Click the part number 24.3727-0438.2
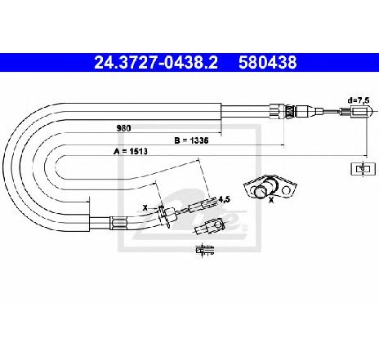[x=156, y=62]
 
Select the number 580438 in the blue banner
[x=268, y=62]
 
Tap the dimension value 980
[x=123, y=128]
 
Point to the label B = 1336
[x=191, y=140]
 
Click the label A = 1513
[x=131, y=151]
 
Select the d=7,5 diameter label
[x=359, y=100]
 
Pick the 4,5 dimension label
[x=225, y=199]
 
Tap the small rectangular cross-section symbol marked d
[x=363, y=169]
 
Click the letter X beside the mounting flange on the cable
[x=145, y=208]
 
